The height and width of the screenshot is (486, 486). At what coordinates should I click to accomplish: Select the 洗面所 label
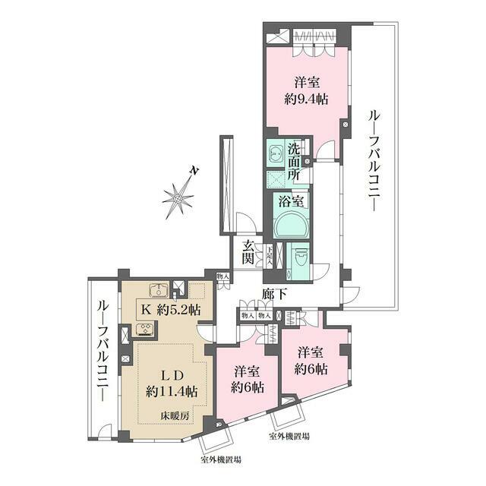tap(294, 162)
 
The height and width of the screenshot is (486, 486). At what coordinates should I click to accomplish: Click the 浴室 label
tap(291, 202)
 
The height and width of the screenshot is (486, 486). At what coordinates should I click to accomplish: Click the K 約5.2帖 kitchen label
tap(169, 309)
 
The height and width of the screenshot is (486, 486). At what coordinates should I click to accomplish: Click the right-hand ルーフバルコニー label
tap(374, 163)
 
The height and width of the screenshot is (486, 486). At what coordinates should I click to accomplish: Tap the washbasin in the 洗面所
tap(275, 152)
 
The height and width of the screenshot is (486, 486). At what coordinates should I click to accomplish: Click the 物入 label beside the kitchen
tap(222, 277)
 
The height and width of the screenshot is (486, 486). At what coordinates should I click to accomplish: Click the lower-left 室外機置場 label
tap(222, 460)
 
